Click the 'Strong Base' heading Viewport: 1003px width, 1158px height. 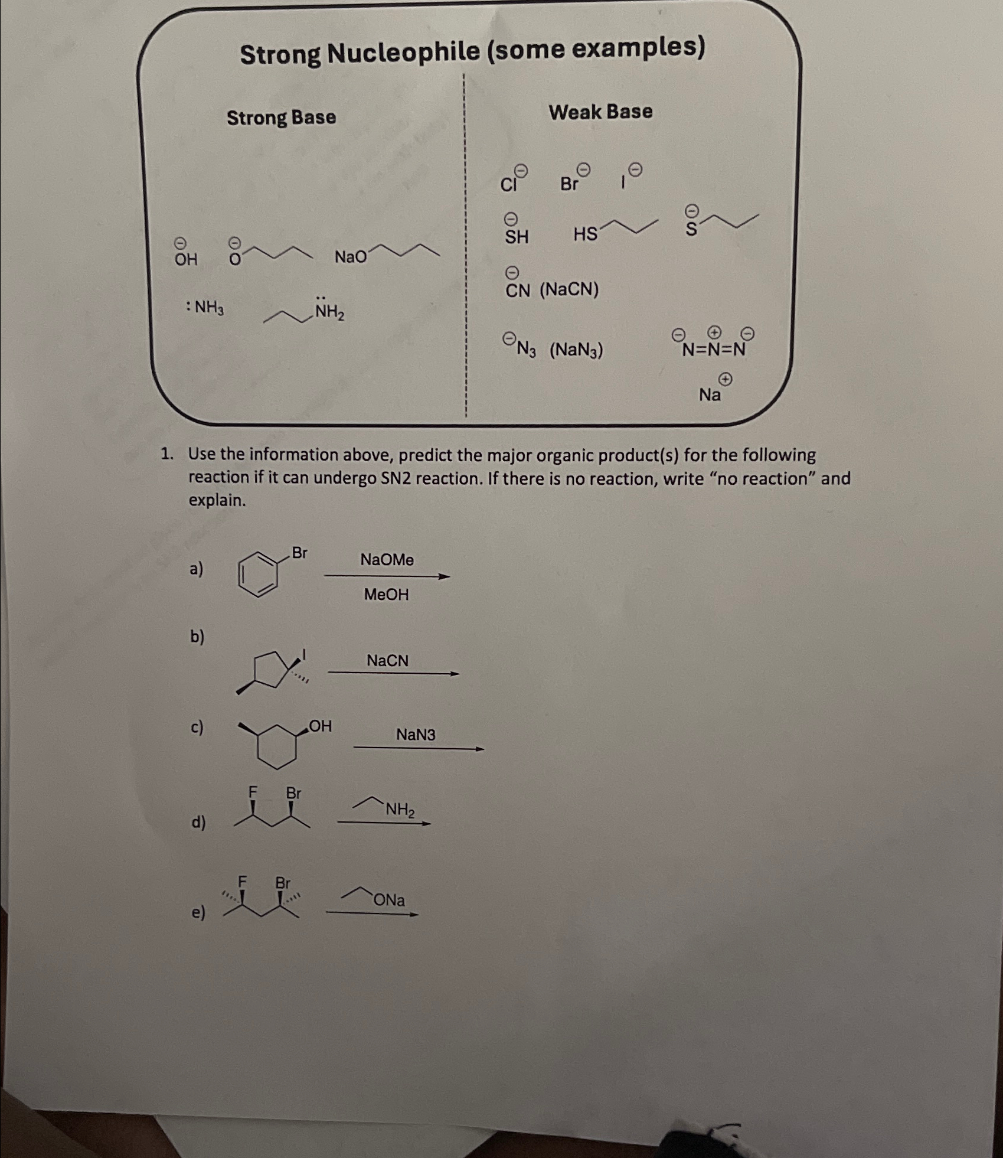coord(281,118)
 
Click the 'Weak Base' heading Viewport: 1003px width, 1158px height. coord(600,112)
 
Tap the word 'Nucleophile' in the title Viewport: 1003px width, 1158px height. coord(403,53)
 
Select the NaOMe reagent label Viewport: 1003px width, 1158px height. coord(387,559)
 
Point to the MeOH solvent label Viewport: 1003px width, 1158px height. coord(386,594)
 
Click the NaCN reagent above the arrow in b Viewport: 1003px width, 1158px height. coord(387,660)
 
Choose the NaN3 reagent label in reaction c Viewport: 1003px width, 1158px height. coord(416,735)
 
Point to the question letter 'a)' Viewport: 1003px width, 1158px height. coord(196,569)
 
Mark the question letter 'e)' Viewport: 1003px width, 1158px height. coord(198,912)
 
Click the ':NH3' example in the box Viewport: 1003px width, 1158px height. coord(205,307)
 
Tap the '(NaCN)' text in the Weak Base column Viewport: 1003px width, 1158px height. coord(569,290)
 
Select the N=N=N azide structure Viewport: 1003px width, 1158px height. coord(714,349)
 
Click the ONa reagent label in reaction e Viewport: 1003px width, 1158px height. coord(389,900)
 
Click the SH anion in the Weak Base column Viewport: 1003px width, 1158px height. coord(517,237)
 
